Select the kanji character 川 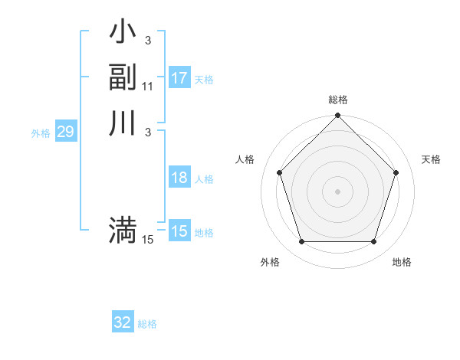click(x=123, y=123)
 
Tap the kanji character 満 click(x=123, y=231)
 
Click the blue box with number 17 click(x=179, y=78)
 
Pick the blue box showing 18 click(x=179, y=178)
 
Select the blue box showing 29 click(x=65, y=132)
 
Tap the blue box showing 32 click(x=123, y=322)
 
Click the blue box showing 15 click(x=179, y=231)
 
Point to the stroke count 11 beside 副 click(x=148, y=87)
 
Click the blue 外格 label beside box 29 click(x=41, y=133)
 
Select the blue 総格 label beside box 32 click(x=147, y=324)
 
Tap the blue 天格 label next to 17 click(x=204, y=80)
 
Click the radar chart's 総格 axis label click(x=338, y=100)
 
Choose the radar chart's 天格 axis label click(x=431, y=159)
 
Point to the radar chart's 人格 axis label click(x=245, y=159)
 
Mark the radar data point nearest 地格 click(x=374, y=242)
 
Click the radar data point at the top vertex click(x=338, y=116)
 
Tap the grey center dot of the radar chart click(x=338, y=191)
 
